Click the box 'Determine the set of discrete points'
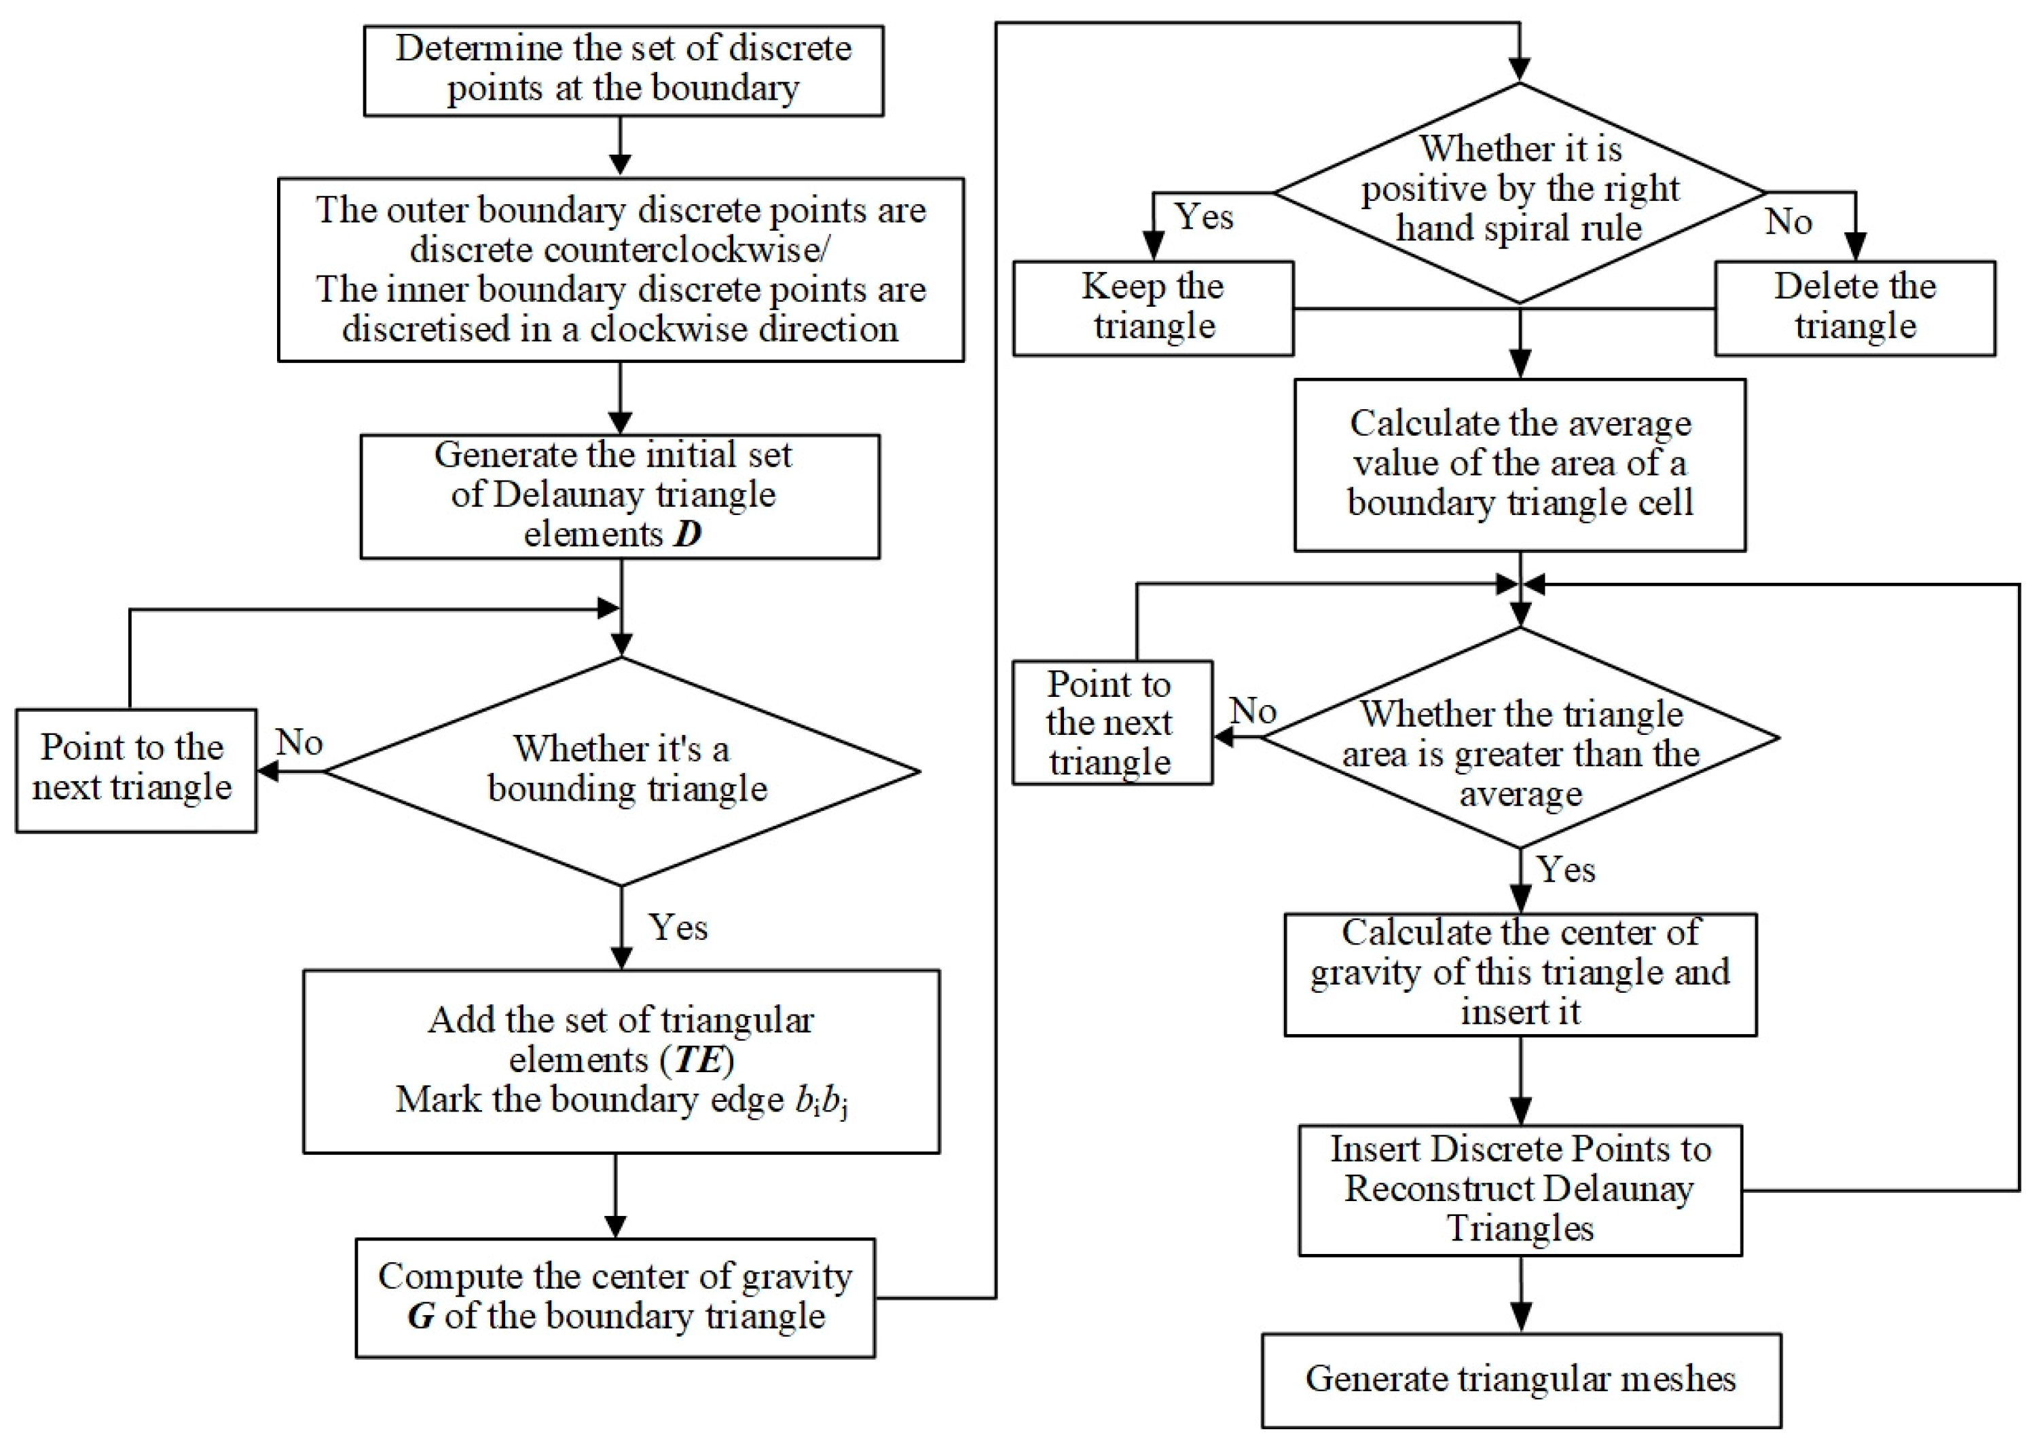pos(623,69)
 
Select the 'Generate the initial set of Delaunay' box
pos(619,495)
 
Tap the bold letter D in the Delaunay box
pos(688,533)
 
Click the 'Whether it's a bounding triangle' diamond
pos(622,770)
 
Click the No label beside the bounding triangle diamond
pos(299,742)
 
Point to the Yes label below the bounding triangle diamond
pos(678,928)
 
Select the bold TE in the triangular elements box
pos(697,1059)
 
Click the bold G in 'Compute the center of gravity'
pos(421,1315)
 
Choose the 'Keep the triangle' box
pos(1152,307)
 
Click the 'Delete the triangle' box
pos(1854,307)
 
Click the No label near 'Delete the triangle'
pos(1788,221)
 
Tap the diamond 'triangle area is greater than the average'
pos(1520,738)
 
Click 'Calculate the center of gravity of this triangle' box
pos(1520,973)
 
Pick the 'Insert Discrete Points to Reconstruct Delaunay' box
pos(1520,1189)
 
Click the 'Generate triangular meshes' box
pos(1520,1378)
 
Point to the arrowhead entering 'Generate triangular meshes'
pos(1520,1318)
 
